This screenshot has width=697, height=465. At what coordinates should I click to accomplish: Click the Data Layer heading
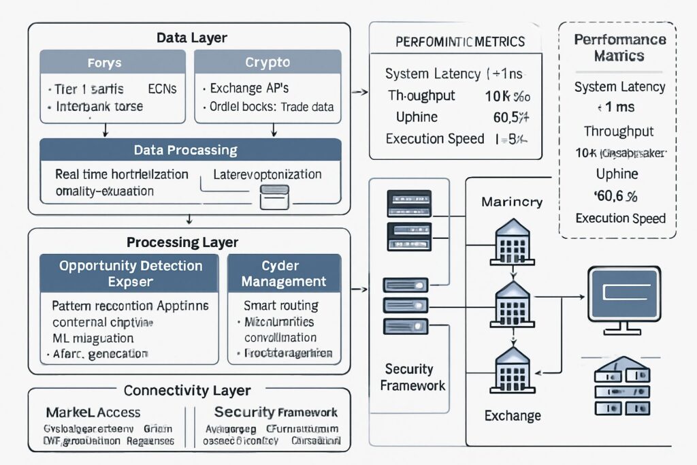pyautogui.click(x=191, y=38)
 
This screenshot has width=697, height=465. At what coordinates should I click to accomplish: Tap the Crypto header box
pyautogui.click(x=268, y=63)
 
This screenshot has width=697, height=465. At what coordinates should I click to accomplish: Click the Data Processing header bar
pyautogui.click(x=185, y=150)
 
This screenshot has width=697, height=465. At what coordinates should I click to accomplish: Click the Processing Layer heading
pyautogui.click(x=182, y=242)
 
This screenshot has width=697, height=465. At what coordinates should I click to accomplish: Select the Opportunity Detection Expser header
pyautogui.click(x=130, y=273)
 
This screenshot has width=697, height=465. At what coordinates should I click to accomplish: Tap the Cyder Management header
pyautogui.click(x=284, y=273)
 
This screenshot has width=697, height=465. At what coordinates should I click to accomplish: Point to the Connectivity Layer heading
pyautogui.click(x=187, y=391)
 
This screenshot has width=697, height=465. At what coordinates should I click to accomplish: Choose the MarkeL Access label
pyautogui.click(x=93, y=412)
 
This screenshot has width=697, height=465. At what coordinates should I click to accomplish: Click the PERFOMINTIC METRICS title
pyautogui.click(x=460, y=42)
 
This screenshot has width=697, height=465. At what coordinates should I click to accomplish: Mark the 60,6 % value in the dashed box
pyautogui.click(x=616, y=197)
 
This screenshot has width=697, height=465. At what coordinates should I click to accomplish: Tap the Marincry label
pyautogui.click(x=512, y=202)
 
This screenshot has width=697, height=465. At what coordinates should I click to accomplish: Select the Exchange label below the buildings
pyautogui.click(x=513, y=415)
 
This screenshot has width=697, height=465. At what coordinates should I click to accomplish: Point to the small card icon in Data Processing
pyautogui.click(x=275, y=199)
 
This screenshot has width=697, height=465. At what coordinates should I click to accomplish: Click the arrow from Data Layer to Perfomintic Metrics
pyautogui.click(x=359, y=91)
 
